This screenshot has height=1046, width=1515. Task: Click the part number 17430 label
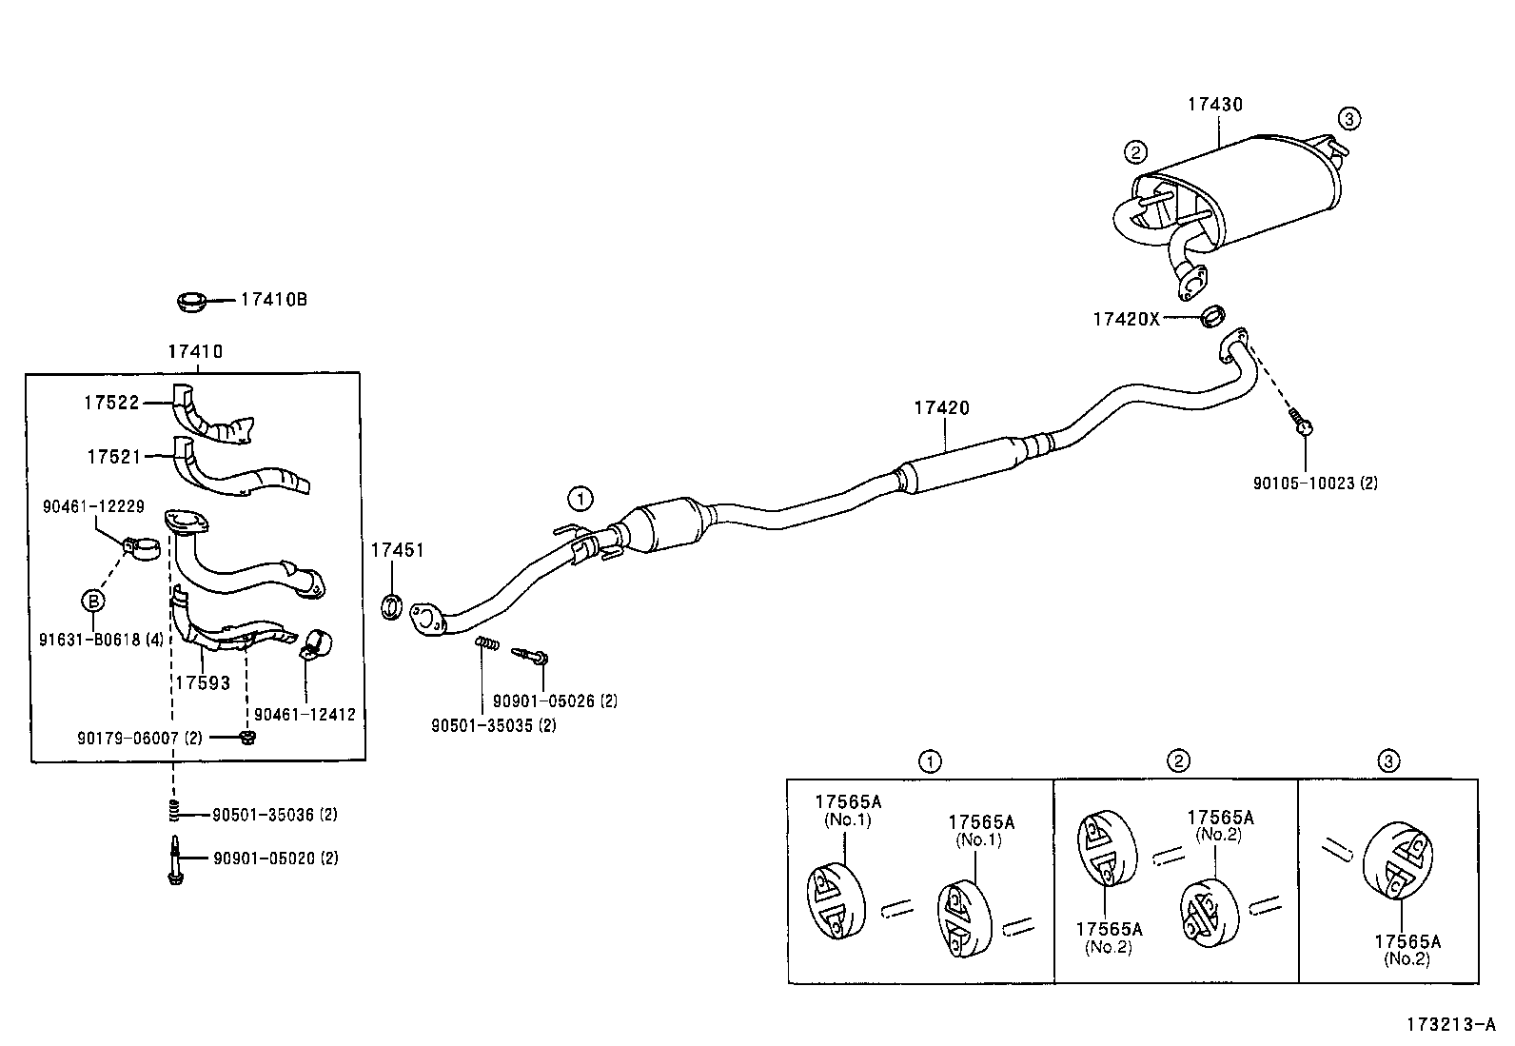1214,105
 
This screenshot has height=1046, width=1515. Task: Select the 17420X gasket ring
1213,315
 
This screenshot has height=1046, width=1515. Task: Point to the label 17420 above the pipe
941,408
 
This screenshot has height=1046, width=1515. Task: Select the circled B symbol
92,601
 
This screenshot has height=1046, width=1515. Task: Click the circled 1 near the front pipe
580,498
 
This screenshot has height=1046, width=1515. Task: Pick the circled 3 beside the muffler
1348,119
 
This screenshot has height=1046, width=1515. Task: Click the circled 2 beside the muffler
1134,151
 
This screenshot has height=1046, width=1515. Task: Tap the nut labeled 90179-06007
246,738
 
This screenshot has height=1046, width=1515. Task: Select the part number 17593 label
202,682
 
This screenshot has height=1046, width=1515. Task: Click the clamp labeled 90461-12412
313,645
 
